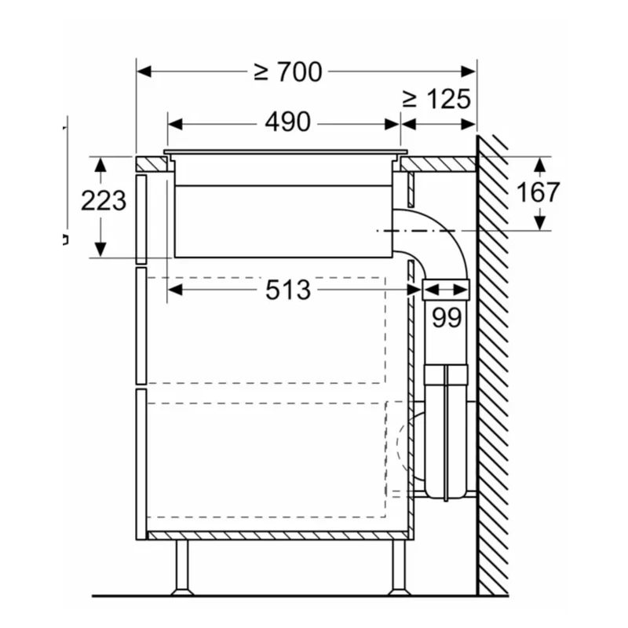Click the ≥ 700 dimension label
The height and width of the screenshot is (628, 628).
pyautogui.click(x=288, y=72)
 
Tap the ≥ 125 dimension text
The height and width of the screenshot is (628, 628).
pyautogui.click(x=436, y=99)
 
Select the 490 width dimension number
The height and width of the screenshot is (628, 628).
pyautogui.click(x=287, y=122)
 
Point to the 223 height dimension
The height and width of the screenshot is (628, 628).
pyautogui.click(x=104, y=200)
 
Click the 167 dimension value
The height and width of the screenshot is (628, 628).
pyautogui.click(x=538, y=192)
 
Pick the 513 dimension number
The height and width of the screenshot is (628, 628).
pyautogui.click(x=288, y=290)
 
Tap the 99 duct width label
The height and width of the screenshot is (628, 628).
pyautogui.click(x=447, y=318)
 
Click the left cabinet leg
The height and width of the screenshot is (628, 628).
pyautogui.click(x=182, y=567)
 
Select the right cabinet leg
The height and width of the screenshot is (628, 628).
pyautogui.click(x=399, y=567)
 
